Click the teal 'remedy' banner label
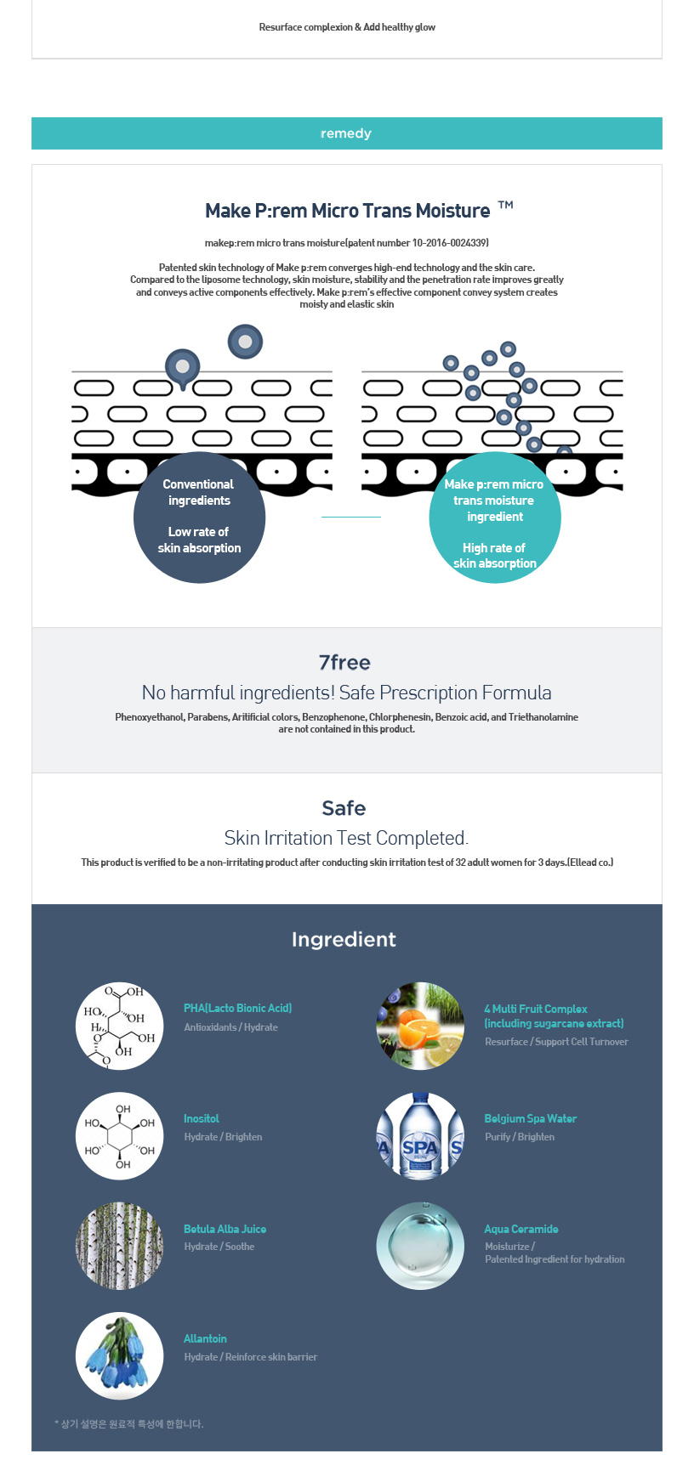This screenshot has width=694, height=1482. tap(346, 133)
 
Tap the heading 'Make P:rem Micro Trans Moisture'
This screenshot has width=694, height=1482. tap(347, 211)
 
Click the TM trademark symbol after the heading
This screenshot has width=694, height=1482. tap(505, 205)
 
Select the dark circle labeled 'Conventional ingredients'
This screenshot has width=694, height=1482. tap(199, 517)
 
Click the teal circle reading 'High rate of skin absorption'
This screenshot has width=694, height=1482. tap(495, 517)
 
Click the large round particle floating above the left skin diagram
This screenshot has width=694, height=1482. tap(245, 342)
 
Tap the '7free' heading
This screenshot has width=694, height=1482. tap(344, 663)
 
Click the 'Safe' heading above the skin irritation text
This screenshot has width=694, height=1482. tap(344, 808)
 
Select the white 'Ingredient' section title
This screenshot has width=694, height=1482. tap(344, 939)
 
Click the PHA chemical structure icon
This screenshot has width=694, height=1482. tap(119, 1026)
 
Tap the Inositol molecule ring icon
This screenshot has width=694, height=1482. tap(119, 1136)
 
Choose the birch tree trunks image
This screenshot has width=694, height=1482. tap(119, 1246)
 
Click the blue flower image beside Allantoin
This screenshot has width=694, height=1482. tap(119, 1356)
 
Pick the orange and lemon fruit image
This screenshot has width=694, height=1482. tap(420, 1026)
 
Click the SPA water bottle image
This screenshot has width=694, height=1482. tap(420, 1136)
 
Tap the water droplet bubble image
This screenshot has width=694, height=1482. tap(420, 1246)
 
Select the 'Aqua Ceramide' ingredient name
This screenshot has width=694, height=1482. tap(521, 1230)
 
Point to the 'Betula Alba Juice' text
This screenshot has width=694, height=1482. tap(225, 1230)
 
